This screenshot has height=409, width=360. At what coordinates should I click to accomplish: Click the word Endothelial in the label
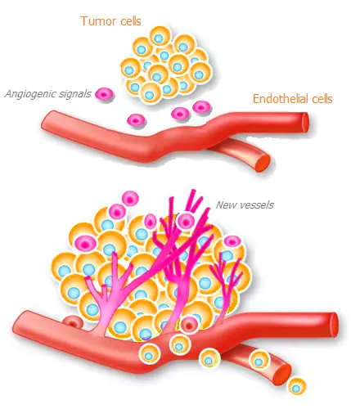coord(281,99)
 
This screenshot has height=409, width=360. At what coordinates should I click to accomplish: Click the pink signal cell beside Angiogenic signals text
coord(105,94)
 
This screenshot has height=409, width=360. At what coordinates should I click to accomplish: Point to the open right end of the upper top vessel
coord(304,122)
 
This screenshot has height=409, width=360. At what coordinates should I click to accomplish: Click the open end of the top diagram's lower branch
coord(263,163)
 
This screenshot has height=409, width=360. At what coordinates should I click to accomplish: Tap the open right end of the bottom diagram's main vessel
coord(334,325)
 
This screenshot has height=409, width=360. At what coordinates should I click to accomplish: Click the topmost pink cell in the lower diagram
coord(130,199)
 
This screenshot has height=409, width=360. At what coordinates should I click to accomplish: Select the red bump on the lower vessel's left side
coord(73,321)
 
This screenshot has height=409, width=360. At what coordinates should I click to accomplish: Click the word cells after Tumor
coord(129,21)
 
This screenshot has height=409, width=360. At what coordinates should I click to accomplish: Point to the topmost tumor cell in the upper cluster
coord(160,37)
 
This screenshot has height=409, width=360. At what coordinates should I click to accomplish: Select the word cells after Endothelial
coord(322,99)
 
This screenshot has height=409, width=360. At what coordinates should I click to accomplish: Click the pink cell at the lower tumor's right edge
coord(232,242)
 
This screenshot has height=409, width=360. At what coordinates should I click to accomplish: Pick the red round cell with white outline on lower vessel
coord(189,325)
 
